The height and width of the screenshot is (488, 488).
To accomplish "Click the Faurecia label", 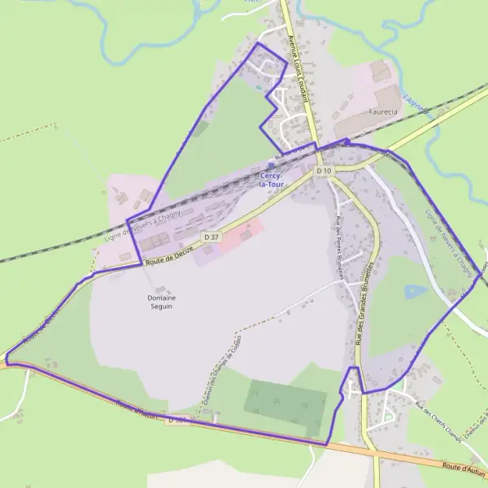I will pos(383,111).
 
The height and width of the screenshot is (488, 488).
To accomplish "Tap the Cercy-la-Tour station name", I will pos(271,180).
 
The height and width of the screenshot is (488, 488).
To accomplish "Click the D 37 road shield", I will pos(212,237).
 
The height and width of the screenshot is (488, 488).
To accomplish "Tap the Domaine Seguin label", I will pos(162,303).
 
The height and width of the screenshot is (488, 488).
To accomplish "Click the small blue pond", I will pos(415,292).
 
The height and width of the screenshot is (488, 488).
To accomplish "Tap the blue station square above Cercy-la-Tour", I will pos(271,165).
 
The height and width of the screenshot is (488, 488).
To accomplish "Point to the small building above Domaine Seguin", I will pos(159,289).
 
